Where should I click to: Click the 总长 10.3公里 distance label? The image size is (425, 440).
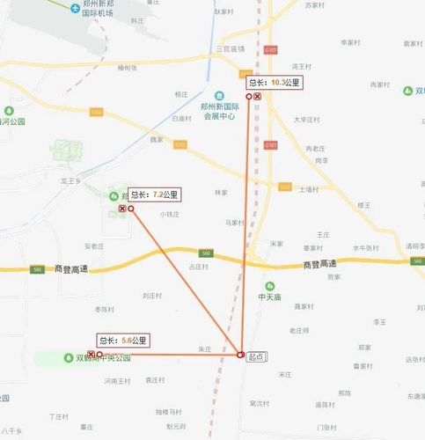point(275,82)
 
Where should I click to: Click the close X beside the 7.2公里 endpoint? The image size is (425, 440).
point(121,209)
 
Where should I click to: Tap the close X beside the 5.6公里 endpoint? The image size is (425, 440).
point(91,354)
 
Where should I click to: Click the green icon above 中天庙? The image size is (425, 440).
point(271,286)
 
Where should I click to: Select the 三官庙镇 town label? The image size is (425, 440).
point(230,49)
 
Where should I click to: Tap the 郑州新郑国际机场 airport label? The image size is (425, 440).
point(101,11)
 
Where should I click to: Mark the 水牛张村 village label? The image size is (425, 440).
point(365,247)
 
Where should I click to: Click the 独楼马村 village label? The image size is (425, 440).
point(168,411)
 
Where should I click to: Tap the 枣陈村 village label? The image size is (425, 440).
point(104,309)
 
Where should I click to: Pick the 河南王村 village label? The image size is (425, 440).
point(117,381)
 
